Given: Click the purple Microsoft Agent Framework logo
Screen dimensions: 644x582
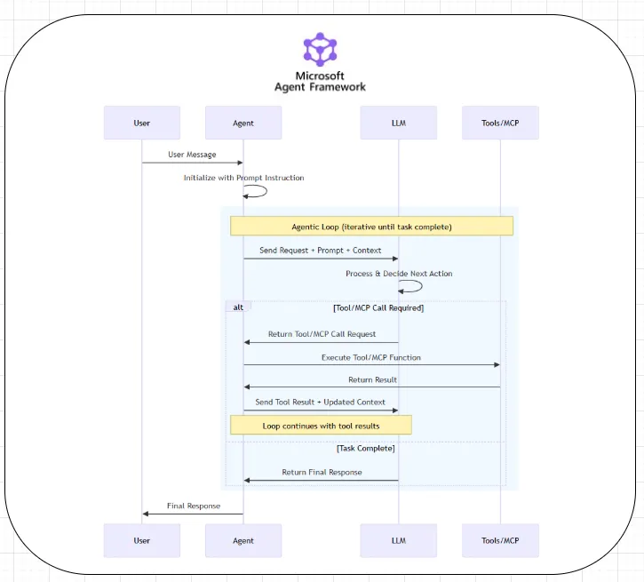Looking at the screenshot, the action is coord(320,49).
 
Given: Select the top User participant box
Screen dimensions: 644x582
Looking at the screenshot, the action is coord(142,123).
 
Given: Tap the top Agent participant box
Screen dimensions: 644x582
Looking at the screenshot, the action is coord(243,123).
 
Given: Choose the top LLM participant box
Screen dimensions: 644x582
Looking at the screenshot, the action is coord(399,123).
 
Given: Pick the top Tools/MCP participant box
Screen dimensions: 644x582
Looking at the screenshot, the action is coord(500,123).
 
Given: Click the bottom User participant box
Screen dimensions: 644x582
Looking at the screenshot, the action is coord(142,540).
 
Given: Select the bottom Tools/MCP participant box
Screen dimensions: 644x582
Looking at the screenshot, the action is coord(500,540).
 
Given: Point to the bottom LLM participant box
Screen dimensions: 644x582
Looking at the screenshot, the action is coord(399,540).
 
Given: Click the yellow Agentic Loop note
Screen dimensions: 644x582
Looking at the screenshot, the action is coord(371,226).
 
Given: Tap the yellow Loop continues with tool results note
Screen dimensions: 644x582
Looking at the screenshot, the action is coord(321,425).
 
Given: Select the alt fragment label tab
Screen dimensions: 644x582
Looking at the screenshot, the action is coord(238,307).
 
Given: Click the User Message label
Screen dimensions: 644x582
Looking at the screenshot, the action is coord(192,155).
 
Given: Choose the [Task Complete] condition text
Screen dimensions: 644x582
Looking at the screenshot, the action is coord(366,448).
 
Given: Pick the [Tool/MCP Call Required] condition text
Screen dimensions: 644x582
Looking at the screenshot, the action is coord(378,307).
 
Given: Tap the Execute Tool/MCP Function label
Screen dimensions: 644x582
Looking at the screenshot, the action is coord(371,357).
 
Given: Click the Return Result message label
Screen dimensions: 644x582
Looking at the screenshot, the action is coord(372,380).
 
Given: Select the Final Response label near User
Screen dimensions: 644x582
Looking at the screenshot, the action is coord(194,506).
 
